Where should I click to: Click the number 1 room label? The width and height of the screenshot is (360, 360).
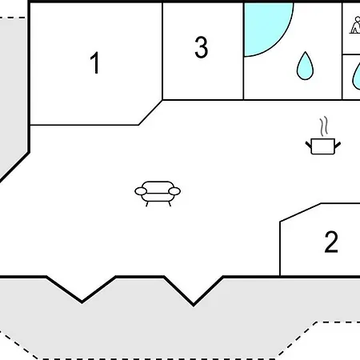click(x=95, y=63)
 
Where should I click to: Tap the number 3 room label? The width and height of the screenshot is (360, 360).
click(x=202, y=47)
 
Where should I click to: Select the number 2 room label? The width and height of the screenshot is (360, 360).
click(x=331, y=242)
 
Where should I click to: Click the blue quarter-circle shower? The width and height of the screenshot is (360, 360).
click(x=264, y=26)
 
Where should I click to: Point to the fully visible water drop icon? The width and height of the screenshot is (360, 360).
click(x=305, y=66)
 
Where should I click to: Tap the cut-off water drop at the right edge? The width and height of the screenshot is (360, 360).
click(x=357, y=78)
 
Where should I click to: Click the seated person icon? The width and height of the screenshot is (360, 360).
click(x=355, y=25)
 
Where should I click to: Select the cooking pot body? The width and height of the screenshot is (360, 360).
click(x=323, y=146)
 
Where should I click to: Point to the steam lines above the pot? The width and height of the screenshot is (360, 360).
click(x=324, y=126)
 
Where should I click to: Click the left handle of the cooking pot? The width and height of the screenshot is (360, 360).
click(x=309, y=145)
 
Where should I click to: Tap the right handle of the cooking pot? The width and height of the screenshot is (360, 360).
click(x=338, y=145)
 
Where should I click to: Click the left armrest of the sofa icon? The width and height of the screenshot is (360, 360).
click(x=141, y=191)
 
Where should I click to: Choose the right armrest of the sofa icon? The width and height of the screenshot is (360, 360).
click(x=174, y=191)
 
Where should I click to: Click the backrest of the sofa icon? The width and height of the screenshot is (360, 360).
click(x=158, y=186)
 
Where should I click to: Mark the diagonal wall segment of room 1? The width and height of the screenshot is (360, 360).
click(x=150, y=112)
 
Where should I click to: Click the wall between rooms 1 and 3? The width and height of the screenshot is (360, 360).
click(x=162, y=51)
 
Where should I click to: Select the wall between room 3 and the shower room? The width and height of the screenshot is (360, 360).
click(x=243, y=51)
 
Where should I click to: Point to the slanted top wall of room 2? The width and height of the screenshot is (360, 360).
click(x=301, y=212)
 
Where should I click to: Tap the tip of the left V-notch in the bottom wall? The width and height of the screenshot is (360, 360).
click(x=82, y=302)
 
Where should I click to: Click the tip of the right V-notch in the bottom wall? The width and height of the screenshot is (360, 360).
click(x=194, y=305)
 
